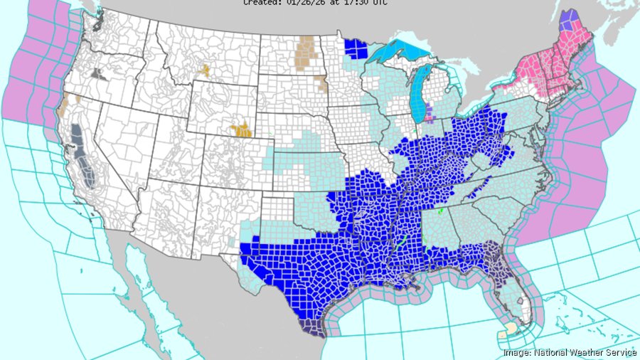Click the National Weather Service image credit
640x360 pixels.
pos(569,352)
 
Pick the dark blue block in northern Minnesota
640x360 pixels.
pos(356,49)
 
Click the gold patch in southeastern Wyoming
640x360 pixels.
pos(242,130)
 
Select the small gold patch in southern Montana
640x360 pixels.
pos(206,70)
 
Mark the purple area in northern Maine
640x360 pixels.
pos(567,19)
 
